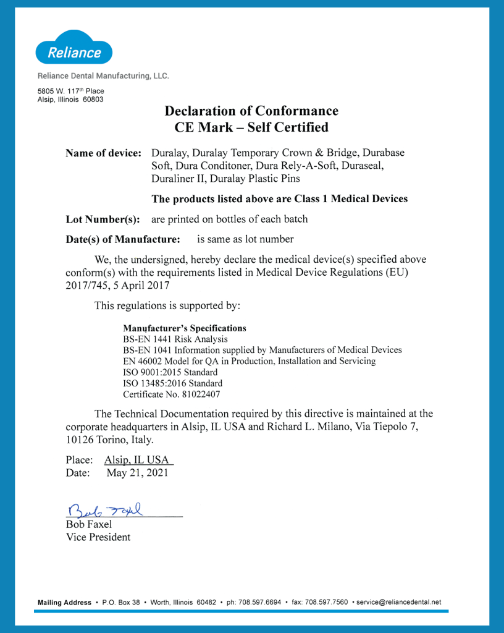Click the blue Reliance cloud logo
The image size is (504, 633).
[74, 49]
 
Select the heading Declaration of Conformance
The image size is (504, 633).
[251, 111]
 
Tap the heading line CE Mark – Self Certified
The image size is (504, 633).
[251, 128]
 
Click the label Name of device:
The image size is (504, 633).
[104, 153]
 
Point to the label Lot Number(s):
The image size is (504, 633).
[103, 219]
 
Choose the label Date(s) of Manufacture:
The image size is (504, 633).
[123, 239]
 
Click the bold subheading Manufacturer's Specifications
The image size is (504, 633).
[185, 328]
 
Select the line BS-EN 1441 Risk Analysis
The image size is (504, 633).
[175, 339]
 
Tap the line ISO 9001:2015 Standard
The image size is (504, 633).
[170, 372]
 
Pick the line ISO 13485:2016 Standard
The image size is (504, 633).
[172, 383]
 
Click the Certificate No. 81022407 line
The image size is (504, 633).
[172, 394]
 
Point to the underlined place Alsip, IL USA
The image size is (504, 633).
[138, 460]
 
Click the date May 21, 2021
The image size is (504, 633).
[137, 474]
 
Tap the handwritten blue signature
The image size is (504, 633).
[105, 510]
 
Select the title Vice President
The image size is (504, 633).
[98, 537]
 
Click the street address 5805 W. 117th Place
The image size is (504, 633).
[70, 91]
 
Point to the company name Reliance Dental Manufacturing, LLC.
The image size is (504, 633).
[103, 76]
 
